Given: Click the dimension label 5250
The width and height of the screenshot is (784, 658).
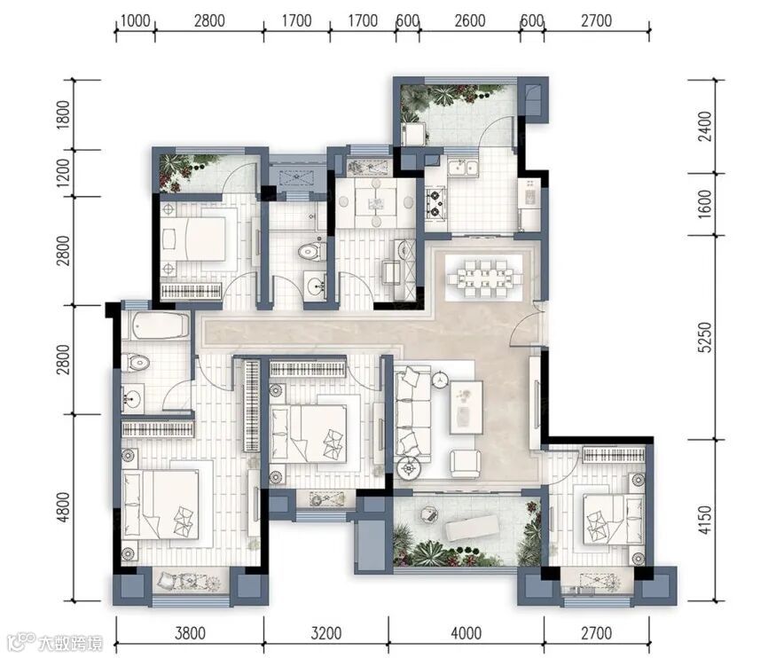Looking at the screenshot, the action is tap(704, 338).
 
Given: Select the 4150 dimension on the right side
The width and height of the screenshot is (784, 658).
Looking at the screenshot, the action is tap(704, 520).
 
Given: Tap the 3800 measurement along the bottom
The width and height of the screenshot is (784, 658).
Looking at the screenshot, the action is tap(190, 633).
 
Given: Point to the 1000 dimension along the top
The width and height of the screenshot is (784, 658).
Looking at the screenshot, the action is tap(136, 20).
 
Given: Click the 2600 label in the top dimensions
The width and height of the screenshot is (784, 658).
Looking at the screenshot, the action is tap(470, 20).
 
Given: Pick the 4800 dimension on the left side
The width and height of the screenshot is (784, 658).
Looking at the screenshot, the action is tap(64, 507).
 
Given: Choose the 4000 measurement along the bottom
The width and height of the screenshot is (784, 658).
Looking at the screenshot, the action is tap(466, 633).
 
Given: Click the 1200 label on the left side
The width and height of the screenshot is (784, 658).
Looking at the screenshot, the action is tap(64, 173).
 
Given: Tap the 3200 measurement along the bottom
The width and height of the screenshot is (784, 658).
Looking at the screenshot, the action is tap(326, 633).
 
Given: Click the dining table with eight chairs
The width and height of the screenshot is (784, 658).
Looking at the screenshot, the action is tap(484, 278).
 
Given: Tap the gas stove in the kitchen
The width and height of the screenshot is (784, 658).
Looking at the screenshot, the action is tap(435, 202).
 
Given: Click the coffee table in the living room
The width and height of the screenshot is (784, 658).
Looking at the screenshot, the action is tap(466, 407).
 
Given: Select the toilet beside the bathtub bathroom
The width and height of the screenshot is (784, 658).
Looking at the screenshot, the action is tap(136, 363).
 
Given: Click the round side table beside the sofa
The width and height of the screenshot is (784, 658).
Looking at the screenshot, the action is tap(410, 468).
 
